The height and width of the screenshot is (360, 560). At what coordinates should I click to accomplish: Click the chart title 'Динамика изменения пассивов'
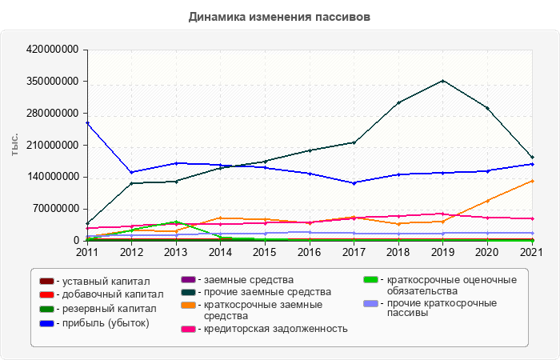[280, 16]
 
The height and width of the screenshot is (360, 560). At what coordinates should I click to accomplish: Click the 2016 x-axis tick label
[309, 252]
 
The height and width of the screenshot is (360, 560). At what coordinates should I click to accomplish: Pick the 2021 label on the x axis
[531, 252]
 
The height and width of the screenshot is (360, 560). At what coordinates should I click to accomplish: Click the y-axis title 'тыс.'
[14, 145]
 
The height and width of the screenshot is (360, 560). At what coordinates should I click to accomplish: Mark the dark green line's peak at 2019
[442, 81]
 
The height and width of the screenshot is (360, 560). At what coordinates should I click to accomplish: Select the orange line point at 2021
[531, 181]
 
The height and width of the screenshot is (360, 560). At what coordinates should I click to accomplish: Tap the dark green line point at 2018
[398, 102]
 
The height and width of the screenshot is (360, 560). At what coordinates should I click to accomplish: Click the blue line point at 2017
[354, 182]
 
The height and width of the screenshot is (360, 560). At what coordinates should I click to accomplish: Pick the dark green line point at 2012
[131, 183]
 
